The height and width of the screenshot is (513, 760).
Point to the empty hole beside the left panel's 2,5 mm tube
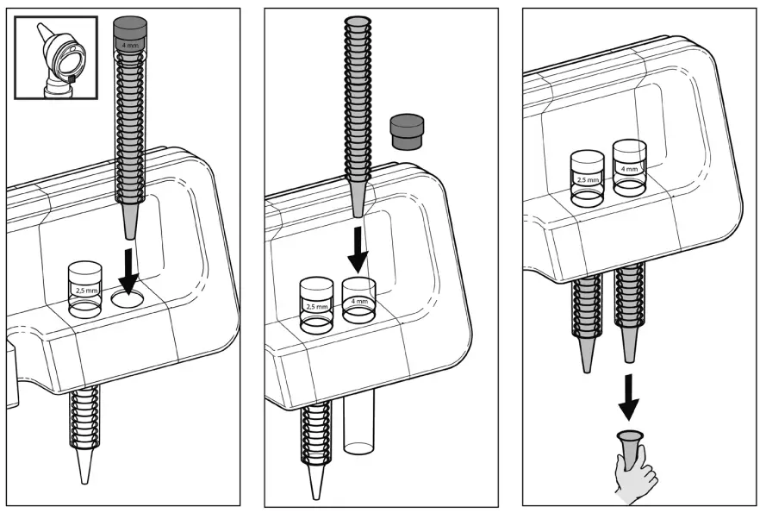click(128, 300)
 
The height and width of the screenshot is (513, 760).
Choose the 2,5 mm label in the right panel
click(588, 180)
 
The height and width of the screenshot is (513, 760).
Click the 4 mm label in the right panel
click(630, 169)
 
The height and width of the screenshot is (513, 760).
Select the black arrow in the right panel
click(631, 394)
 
